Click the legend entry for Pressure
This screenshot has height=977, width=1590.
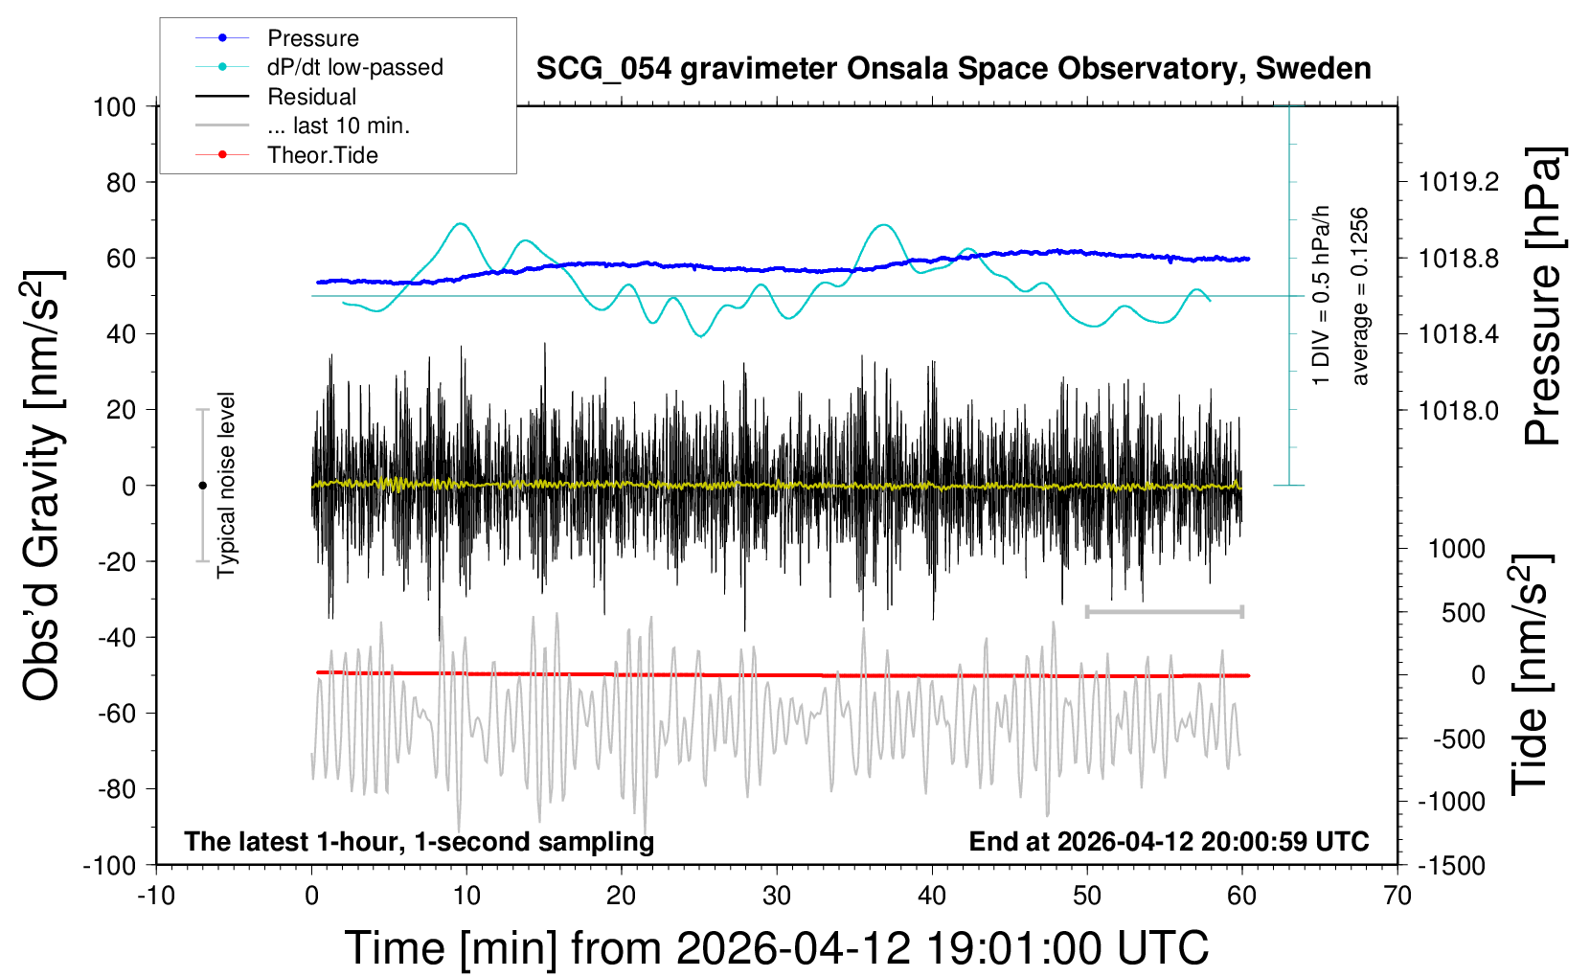tap(312, 38)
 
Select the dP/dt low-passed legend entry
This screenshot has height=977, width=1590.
tap(354, 67)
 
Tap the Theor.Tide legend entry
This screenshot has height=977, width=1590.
tap(322, 155)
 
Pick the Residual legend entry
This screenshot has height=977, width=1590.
tap(311, 97)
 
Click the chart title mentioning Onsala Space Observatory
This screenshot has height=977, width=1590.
tap(953, 69)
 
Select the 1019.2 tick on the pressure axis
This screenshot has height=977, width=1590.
tap(1459, 182)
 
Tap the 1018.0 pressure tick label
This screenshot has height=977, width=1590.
tap(1459, 410)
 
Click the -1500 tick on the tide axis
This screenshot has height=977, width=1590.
tap(1451, 865)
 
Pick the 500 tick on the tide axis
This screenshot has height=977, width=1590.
tap(1464, 612)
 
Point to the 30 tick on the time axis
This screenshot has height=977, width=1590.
tap(777, 896)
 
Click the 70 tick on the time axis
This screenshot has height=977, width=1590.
tap(1397, 896)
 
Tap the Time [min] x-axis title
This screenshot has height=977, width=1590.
tap(777, 948)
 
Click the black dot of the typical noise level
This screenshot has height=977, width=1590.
tap(202, 486)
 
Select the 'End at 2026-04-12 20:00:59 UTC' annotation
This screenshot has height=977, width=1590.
tap(1169, 841)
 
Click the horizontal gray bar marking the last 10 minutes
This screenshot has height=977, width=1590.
tap(1164, 611)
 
